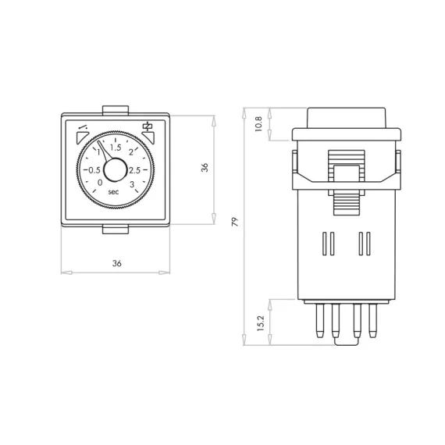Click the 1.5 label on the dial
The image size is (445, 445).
116,148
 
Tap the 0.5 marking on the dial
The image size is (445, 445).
94,170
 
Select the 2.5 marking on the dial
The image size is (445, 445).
135,170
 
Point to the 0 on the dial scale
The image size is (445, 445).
100,183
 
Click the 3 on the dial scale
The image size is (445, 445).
132,184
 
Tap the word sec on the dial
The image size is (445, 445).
113,192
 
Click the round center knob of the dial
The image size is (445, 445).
116,169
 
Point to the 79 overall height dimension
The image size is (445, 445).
235,222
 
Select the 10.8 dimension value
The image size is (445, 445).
259,123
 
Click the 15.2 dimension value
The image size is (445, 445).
261,323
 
